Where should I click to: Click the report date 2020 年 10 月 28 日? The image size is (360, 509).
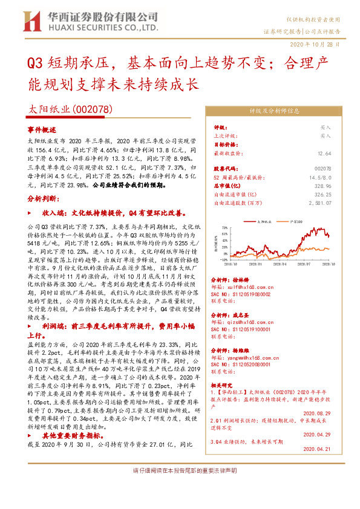pyautogui.click(x=320, y=45)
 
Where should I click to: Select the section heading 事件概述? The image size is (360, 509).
pyautogui.click(x=42, y=130)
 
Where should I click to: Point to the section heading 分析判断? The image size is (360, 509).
pyautogui.click(x=43, y=215)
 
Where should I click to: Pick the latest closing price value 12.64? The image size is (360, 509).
pyautogui.click(x=324, y=154)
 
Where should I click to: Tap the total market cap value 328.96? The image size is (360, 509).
pyautogui.click(x=322, y=187)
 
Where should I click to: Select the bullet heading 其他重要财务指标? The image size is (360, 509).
pyautogui.click(x=64, y=435)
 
